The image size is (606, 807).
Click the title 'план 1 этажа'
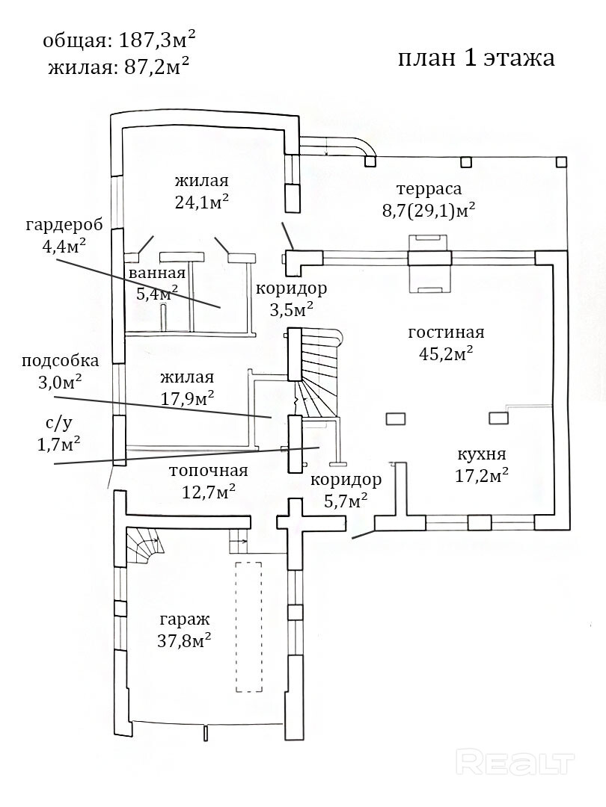pos(476,58)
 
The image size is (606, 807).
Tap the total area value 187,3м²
pos(157,40)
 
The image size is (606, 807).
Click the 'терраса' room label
pos(429,189)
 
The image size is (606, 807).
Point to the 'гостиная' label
pos(446,333)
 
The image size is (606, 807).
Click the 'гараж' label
pos(185,619)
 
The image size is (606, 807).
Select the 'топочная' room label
pos(209,471)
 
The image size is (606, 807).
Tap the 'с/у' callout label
pos(57,424)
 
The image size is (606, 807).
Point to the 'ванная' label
pos(157,273)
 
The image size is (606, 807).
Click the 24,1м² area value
pos(202,202)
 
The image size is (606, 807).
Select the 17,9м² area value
pos(188,398)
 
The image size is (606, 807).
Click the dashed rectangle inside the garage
pos(248,627)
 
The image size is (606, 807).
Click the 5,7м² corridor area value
pos(346,500)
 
